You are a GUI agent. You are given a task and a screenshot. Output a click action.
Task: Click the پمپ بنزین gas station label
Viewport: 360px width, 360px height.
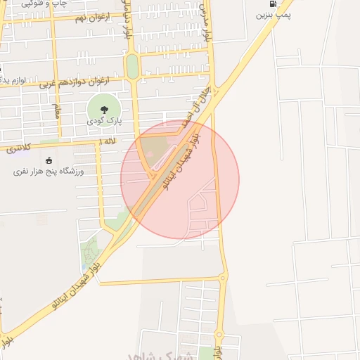tap(274, 13)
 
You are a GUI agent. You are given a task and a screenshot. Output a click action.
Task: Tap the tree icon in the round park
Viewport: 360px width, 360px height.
tap(104, 108)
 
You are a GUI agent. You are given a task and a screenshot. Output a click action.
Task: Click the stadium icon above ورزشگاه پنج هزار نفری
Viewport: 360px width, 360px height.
tap(48, 161)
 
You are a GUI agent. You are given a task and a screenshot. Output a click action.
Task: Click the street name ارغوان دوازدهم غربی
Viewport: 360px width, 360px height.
tap(70, 82)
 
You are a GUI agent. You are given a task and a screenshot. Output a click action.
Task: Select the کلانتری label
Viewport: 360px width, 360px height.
tap(18, 148)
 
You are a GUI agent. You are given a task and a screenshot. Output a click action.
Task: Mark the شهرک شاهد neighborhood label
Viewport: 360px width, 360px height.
tap(169, 354)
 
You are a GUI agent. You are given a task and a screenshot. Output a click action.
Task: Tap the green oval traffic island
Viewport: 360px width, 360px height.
tap(131, 67)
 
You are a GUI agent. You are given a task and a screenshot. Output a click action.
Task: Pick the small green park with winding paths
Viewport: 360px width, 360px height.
tap(91, 250)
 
